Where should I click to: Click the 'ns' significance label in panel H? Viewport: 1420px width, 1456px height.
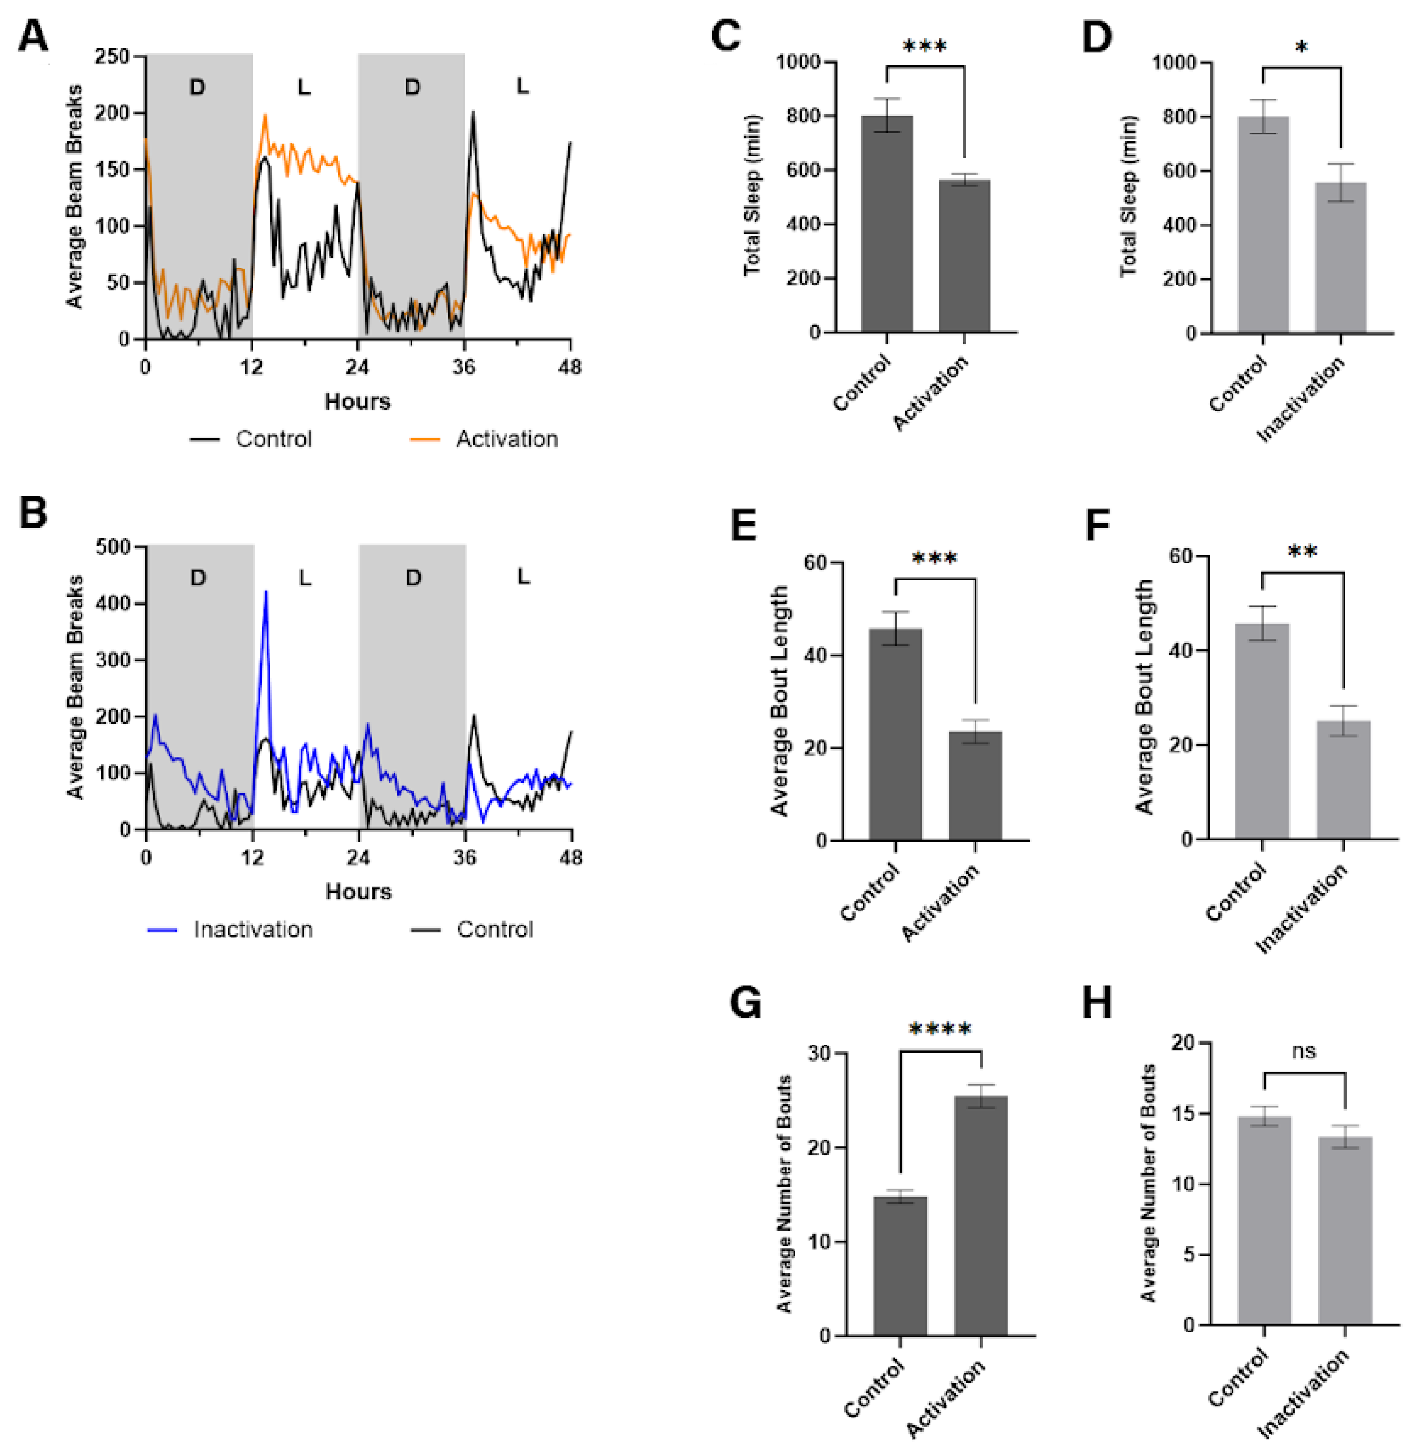pyautogui.click(x=1304, y=1051)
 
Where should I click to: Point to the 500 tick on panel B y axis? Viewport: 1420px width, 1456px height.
pyautogui.click(x=112, y=547)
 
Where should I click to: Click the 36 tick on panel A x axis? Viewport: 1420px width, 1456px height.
pyautogui.click(x=463, y=367)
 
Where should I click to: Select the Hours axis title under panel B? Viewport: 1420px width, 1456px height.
pyautogui.click(x=358, y=892)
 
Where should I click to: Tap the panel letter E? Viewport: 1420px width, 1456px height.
pyautogui.click(x=743, y=526)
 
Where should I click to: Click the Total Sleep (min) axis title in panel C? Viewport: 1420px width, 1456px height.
pyautogui.click(x=752, y=195)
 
